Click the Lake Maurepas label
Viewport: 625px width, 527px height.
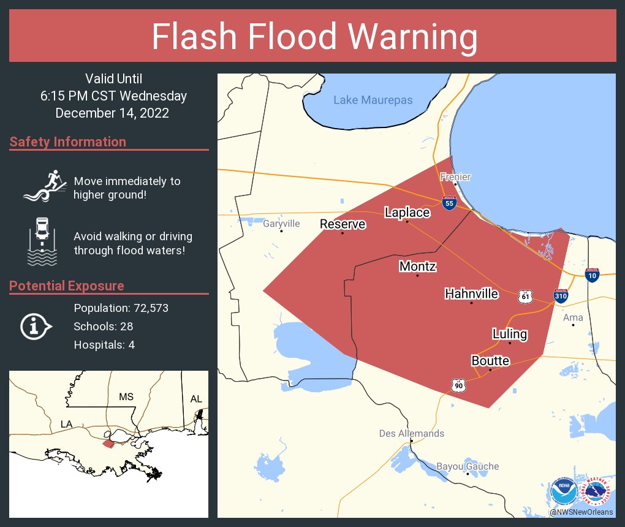(373, 100)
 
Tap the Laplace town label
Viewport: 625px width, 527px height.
(407, 213)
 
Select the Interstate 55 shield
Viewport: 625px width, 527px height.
(450, 203)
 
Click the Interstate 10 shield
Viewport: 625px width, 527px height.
(593, 275)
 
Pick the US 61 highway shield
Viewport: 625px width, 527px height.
(525, 296)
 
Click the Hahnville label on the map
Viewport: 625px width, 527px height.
(471, 294)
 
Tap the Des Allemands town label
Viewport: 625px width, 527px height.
(411, 433)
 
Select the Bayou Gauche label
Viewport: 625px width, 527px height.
(468, 466)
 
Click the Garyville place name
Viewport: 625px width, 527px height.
(281, 224)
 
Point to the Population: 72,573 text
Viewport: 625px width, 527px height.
(121, 308)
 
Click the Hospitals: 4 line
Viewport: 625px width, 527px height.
(104, 344)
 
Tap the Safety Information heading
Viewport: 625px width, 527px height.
(68, 142)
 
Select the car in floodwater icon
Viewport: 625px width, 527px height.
(42, 240)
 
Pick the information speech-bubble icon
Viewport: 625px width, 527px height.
(36, 326)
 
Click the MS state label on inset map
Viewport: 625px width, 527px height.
(126, 397)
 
